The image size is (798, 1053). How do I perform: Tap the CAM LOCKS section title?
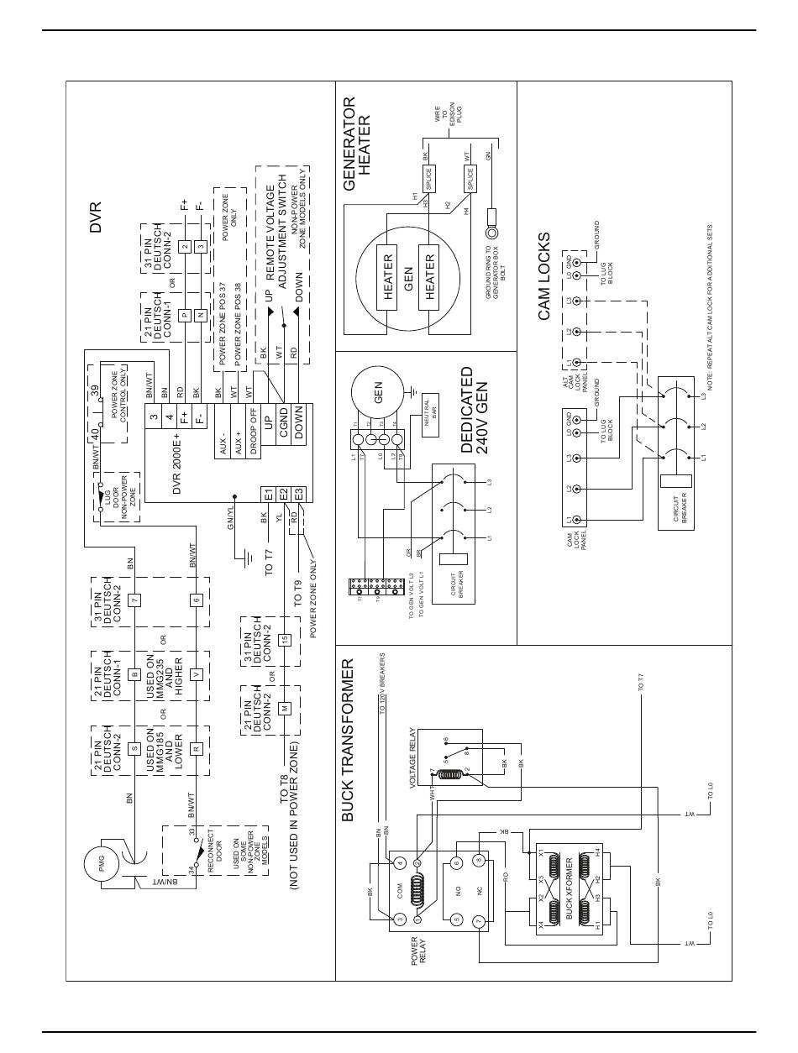[544, 276]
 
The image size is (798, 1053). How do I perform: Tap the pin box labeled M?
[285, 708]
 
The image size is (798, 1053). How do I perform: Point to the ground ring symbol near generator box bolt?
[491, 229]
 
